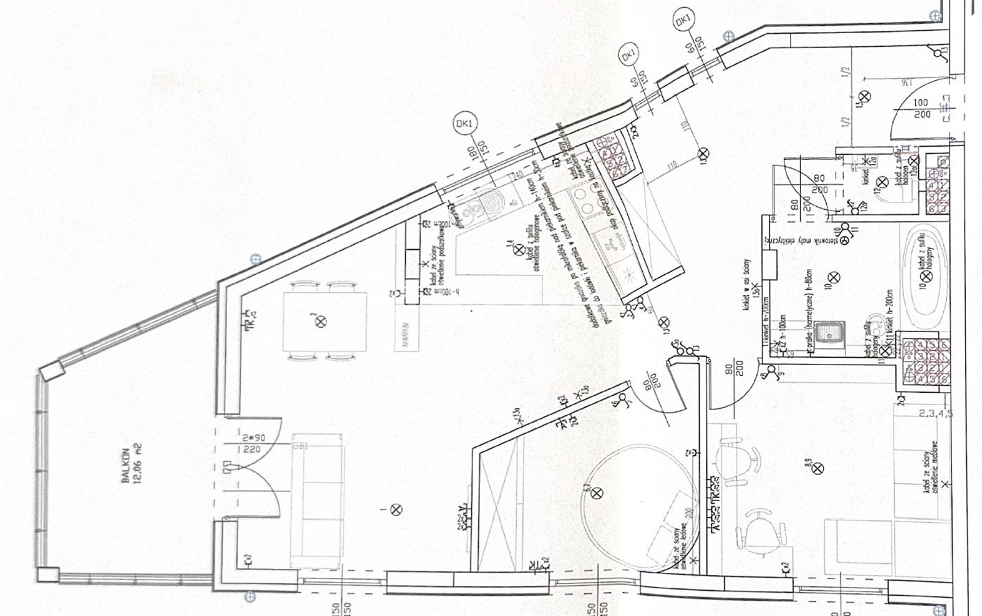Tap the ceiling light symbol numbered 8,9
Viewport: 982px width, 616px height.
[817, 468]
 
